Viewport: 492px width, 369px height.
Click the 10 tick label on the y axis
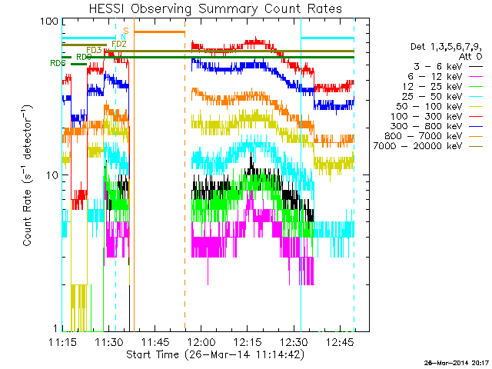[x=48, y=175]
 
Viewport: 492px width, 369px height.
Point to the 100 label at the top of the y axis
[x=45, y=22]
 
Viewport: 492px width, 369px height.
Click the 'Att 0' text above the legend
[x=471, y=57]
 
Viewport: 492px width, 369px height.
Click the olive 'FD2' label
[x=118, y=45]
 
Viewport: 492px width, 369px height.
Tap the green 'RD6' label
[x=58, y=63]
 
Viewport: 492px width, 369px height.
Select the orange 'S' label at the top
[x=126, y=31]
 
